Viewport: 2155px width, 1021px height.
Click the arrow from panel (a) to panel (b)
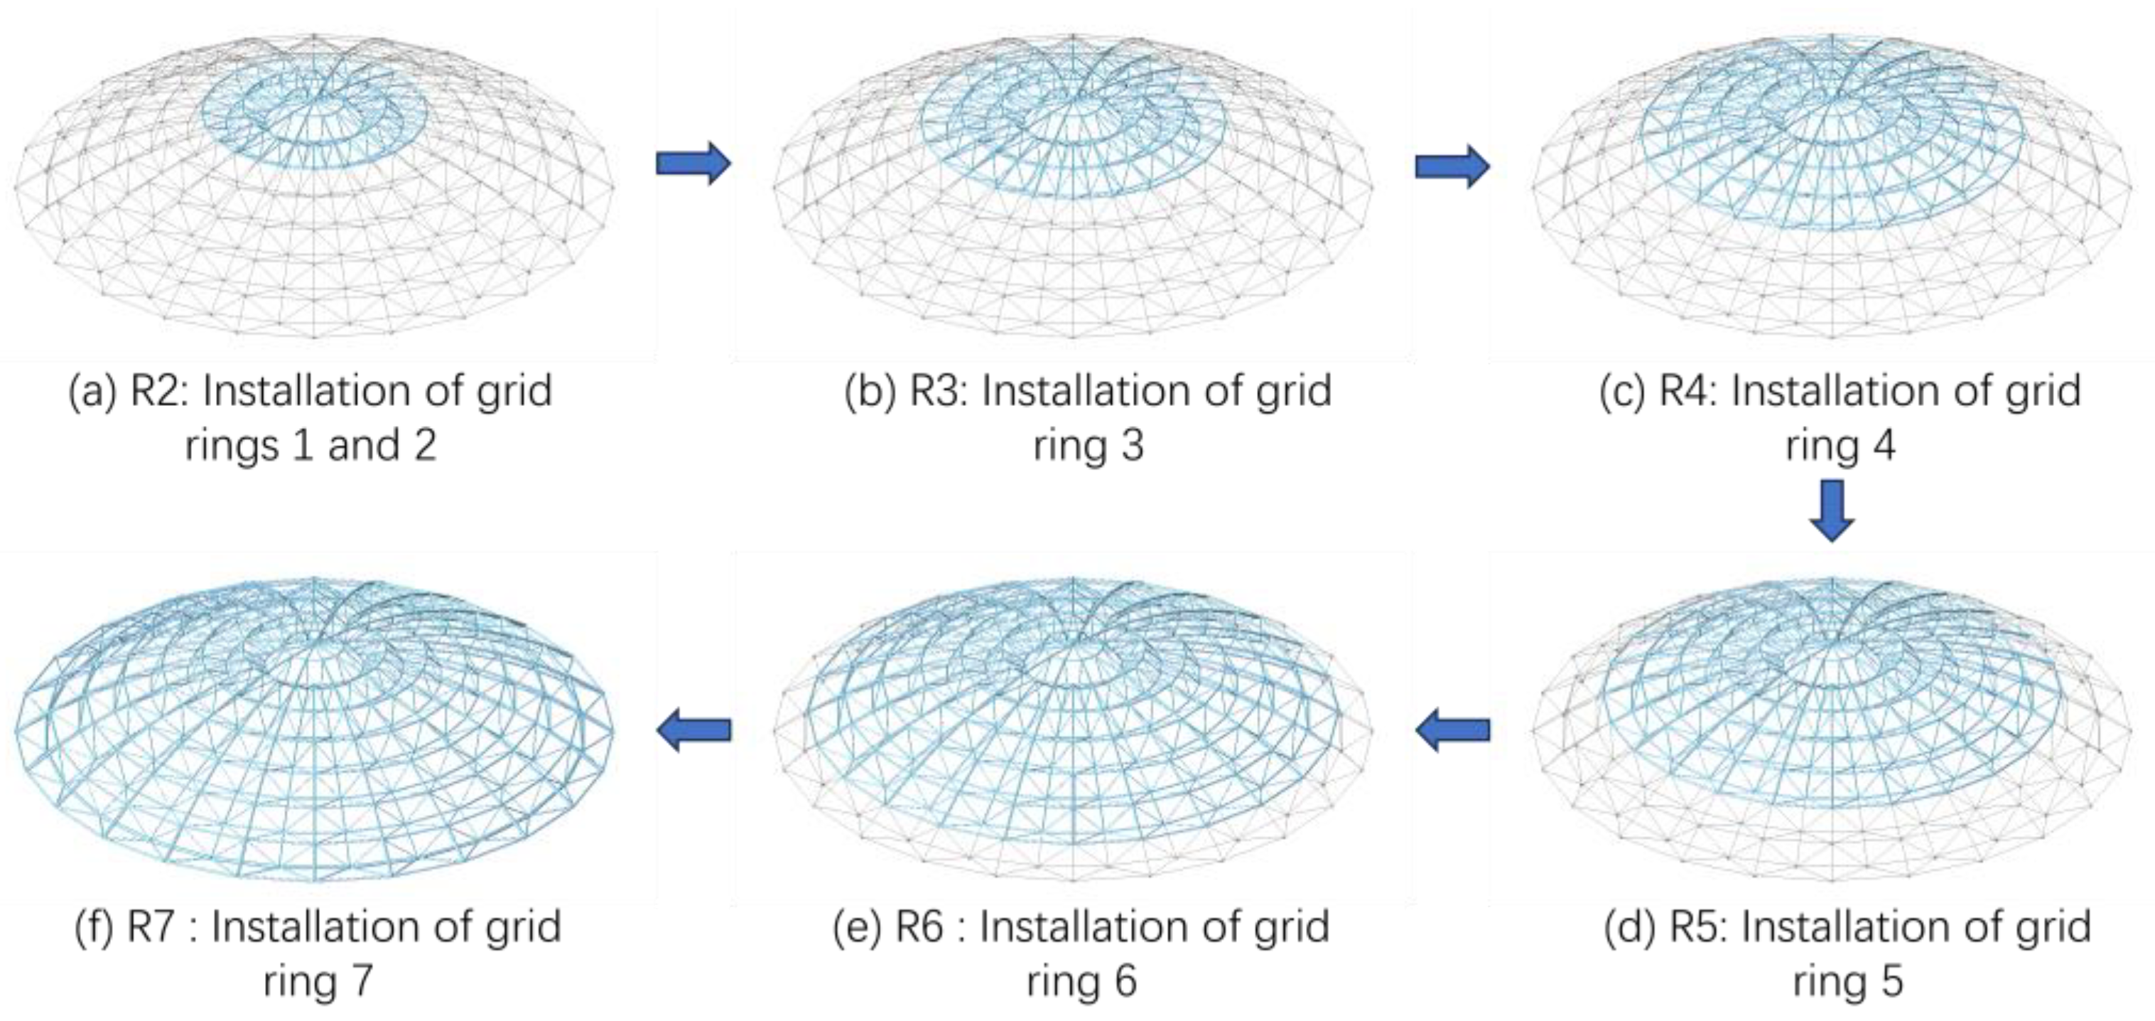(693, 164)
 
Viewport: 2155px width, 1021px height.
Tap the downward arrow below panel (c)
(1831, 510)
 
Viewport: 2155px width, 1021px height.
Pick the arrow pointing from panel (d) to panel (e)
(1452, 729)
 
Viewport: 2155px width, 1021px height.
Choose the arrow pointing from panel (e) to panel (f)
(693, 729)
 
